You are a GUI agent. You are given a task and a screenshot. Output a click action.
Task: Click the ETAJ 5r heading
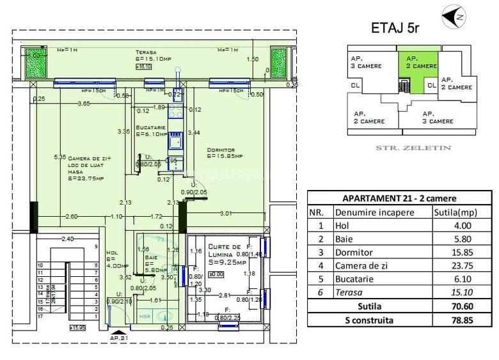[395, 28]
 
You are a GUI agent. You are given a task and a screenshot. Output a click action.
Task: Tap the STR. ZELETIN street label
[413, 148]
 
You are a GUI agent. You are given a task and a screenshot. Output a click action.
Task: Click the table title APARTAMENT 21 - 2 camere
[399, 198]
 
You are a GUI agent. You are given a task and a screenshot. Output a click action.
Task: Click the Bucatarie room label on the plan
[151, 128]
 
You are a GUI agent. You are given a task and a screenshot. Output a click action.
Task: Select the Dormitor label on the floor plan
[220, 151]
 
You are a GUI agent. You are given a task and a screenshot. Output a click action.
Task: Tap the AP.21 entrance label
[118, 337]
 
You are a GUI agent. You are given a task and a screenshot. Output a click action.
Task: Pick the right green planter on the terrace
[278, 63]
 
